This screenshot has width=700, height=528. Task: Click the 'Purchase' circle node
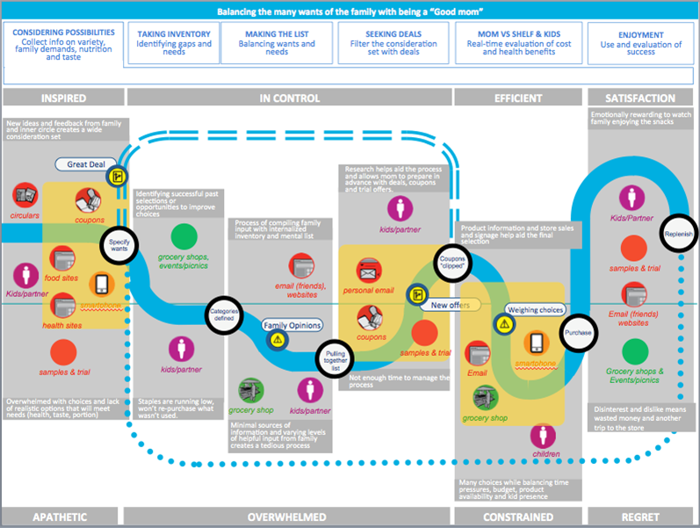578,333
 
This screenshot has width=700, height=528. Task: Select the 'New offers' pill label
450,306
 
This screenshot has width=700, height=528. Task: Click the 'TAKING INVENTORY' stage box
174,43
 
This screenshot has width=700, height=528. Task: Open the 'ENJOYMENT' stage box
640,43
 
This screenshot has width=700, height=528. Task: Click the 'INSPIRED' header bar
62,98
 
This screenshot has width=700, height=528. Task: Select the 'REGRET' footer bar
642,517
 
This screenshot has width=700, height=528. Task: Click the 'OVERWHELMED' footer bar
289,517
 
